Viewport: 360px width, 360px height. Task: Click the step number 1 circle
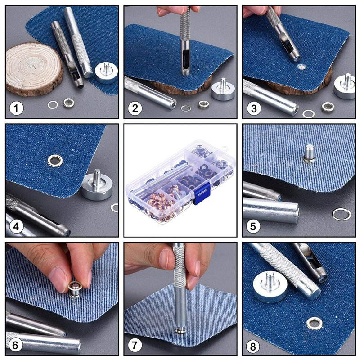[17, 108]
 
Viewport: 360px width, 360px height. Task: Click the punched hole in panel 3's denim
[301, 67]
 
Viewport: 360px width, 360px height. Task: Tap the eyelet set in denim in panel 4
[55, 160]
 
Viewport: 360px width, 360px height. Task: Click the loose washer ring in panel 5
[341, 214]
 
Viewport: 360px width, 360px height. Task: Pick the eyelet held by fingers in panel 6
[74, 288]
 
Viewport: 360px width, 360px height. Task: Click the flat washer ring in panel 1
[53, 105]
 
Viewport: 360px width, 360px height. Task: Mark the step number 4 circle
[17, 226]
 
